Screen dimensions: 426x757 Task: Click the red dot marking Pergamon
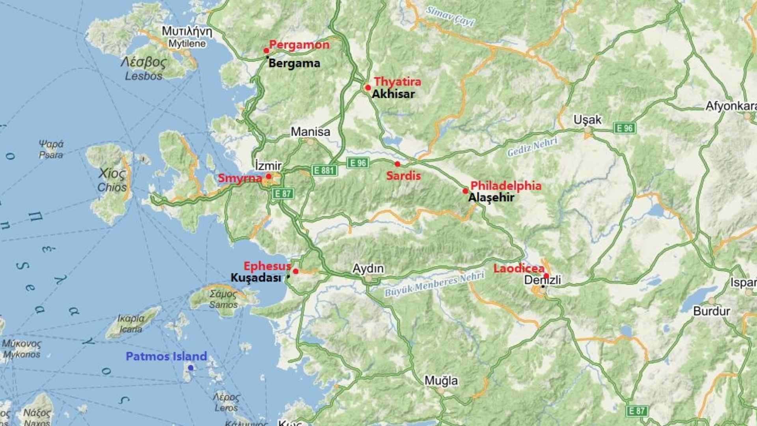266,50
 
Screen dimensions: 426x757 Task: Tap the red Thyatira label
397,82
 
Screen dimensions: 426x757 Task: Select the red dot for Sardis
397,164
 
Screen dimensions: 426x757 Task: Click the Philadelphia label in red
506,185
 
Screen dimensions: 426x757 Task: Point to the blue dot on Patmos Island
191,368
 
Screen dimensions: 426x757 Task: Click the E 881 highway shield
324,170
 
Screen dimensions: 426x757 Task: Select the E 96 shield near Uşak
625,128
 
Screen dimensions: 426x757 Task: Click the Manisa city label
310,132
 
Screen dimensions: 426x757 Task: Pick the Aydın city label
368,269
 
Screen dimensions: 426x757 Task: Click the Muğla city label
441,381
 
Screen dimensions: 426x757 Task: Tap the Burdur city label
711,311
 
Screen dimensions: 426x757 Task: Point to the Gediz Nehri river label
532,147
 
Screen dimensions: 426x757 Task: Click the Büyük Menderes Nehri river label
434,284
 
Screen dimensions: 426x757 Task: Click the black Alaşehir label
491,198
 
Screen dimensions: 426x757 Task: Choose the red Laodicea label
518,269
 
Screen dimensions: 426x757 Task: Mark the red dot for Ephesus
296,271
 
